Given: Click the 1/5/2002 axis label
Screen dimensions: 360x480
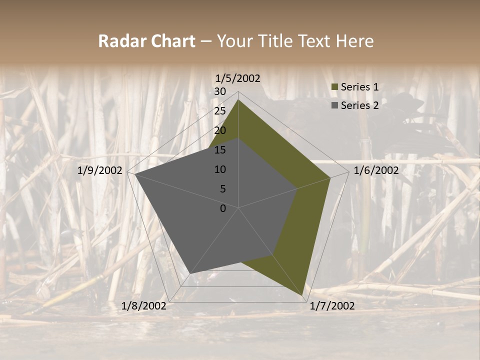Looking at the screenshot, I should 238,78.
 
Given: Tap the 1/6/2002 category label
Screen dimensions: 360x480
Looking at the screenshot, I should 376,170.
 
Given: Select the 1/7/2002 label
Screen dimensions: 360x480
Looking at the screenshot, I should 332,306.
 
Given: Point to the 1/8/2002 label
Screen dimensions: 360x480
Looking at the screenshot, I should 144,306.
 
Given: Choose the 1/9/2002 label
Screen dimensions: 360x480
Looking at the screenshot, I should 100,170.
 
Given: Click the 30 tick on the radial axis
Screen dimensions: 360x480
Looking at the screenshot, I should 220,91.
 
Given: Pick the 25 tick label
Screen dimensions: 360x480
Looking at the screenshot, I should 220,111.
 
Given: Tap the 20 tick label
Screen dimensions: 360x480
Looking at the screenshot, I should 220,130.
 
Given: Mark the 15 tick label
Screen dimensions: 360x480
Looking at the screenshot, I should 220,150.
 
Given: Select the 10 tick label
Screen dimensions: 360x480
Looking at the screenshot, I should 220,169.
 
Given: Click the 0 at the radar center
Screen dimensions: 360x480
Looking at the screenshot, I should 223,208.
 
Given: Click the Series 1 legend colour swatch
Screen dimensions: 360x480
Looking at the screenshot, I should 335,87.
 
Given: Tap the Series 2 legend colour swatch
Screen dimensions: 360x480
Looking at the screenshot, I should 335,105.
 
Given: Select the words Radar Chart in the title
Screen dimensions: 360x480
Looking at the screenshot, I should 146,41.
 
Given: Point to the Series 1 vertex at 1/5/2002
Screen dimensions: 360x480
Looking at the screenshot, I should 238,100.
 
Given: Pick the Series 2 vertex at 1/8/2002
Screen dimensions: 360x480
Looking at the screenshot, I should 190,273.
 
